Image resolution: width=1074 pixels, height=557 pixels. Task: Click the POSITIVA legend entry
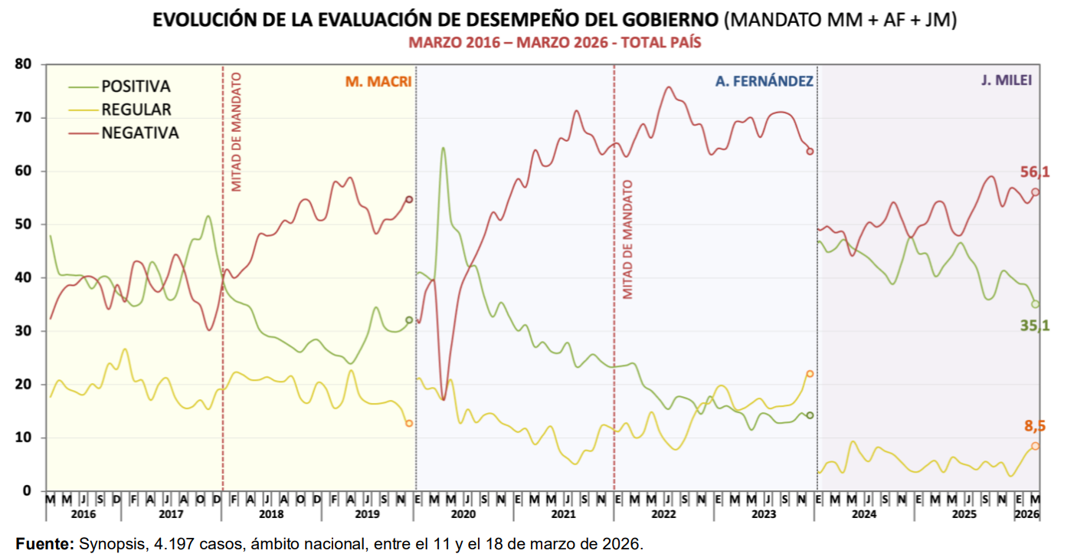(x=136, y=87)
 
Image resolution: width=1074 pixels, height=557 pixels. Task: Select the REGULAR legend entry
(x=136, y=110)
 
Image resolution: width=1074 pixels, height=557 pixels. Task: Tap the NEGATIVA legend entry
(x=139, y=133)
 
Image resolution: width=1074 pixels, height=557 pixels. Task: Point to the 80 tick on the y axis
(x=22, y=64)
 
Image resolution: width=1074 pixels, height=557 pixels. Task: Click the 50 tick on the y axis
(x=22, y=224)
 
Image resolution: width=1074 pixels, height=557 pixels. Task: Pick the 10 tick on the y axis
(x=22, y=437)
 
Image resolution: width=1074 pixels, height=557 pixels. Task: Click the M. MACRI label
(x=378, y=81)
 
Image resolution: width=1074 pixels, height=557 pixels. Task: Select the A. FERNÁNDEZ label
(x=764, y=81)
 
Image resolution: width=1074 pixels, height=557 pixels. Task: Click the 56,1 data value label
(x=1034, y=172)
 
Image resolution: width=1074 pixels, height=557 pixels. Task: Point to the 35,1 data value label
(x=1034, y=326)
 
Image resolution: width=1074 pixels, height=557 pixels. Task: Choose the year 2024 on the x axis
(x=864, y=515)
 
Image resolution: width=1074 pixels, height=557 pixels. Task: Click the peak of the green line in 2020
(x=443, y=148)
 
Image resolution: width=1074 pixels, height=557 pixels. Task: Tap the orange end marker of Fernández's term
(x=810, y=374)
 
